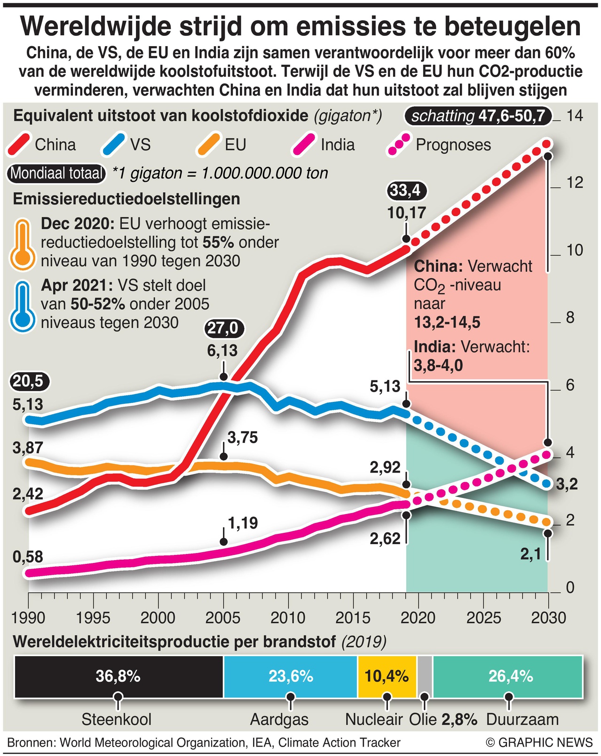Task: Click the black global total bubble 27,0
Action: tap(224, 328)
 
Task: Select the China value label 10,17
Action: tap(407, 213)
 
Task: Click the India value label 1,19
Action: tap(243, 523)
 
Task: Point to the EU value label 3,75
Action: tap(243, 437)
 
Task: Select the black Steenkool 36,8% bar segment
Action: tap(119, 676)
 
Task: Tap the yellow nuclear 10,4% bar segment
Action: tap(387, 676)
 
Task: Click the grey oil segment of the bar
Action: tap(425, 676)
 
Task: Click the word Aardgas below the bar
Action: tap(279, 719)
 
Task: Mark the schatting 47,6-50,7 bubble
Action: tap(478, 116)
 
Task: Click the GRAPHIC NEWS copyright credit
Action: tap(539, 743)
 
